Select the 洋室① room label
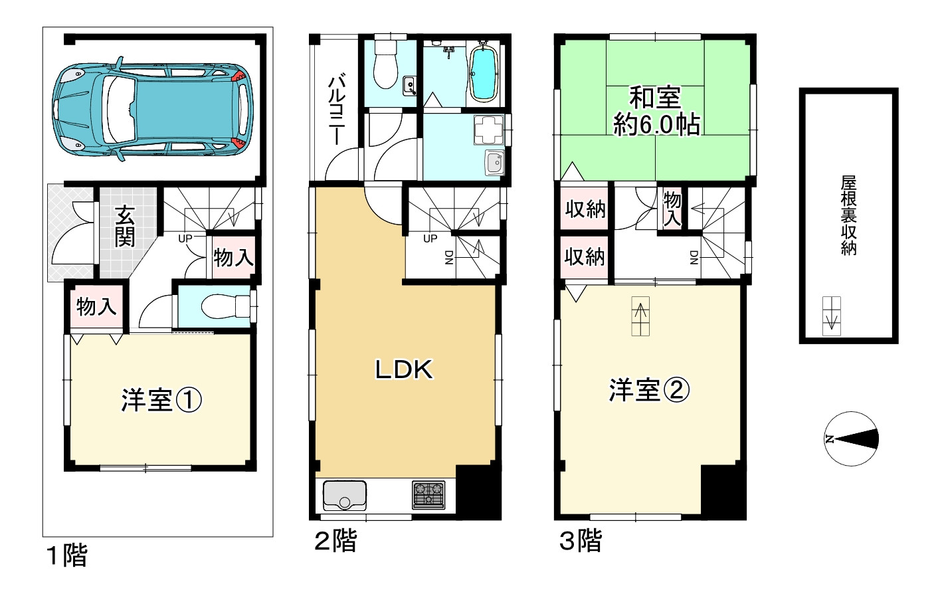coord(161,400)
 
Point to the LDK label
coord(404,369)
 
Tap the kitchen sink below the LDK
coord(344,495)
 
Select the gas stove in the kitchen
coord(428,494)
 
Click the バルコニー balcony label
coord(336,110)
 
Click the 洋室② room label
coord(648,390)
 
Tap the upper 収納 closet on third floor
coord(585,209)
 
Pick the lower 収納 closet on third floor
coord(585,256)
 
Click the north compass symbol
coord(851,439)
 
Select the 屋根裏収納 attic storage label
coord(848,215)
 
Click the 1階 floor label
coord(66,555)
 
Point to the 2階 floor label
coord(335,541)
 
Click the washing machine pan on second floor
coord(489,130)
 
